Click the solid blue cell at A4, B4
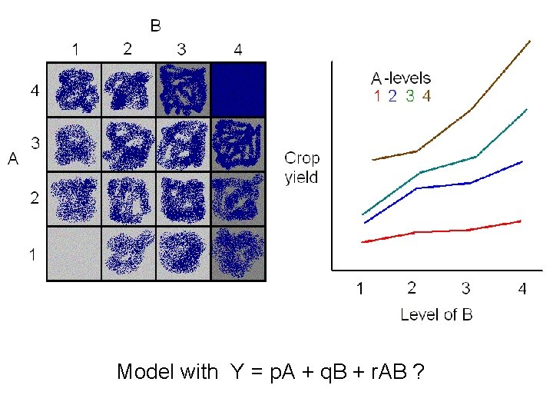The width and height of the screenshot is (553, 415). [238, 89]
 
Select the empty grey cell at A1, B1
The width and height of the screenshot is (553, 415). [74, 254]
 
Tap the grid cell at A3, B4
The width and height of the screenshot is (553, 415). [238, 144]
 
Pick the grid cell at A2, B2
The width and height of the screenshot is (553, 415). [128, 199]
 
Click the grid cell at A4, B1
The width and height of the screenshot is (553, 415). [74, 89]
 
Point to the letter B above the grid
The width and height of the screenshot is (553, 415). [156, 27]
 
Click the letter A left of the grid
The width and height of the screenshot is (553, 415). [13, 160]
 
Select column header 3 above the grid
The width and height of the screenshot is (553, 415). [181, 49]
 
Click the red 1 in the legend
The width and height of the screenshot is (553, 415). [377, 96]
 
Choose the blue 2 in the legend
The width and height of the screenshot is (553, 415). [392, 96]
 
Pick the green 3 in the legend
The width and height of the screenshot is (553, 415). [409, 96]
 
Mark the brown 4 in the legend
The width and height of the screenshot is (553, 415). [426, 96]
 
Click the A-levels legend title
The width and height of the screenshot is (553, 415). [401, 78]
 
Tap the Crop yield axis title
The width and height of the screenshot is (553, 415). [302, 168]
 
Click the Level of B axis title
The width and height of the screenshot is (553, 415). [436, 314]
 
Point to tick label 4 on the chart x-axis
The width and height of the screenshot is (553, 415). [522, 289]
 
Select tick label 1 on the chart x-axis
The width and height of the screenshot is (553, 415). [359, 289]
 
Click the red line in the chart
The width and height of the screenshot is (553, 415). [442, 231]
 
